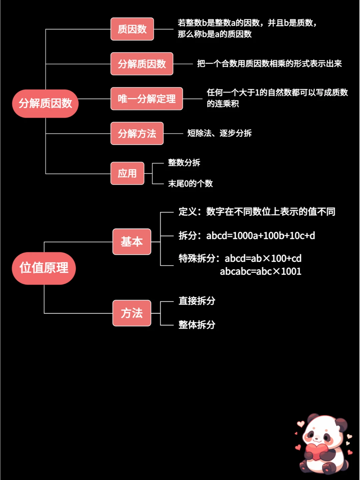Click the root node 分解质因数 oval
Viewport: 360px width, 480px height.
point(45,103)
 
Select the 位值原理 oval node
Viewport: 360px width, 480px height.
point(44,268)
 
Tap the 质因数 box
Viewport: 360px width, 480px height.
point(132,29)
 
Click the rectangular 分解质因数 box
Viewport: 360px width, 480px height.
point(142,64)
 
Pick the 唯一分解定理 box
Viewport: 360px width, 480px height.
point(147,99)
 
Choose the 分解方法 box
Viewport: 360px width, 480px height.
point(137,133)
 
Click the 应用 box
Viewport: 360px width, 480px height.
point(127,173)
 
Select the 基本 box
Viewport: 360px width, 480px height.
point(132,242)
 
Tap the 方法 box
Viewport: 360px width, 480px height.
point(132,313)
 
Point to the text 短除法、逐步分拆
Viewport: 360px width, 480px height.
point(219,133)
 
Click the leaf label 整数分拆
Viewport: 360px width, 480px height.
point(184,163)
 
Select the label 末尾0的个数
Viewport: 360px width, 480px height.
point(190,183)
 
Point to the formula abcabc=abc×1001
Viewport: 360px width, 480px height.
point(260,271)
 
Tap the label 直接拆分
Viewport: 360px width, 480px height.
point(197,301)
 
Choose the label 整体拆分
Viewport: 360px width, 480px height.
point(197,325)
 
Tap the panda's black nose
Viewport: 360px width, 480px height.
point(317,438)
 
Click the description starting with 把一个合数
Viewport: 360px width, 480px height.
point(269,64)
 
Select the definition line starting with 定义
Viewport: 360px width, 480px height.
point(257,212)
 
